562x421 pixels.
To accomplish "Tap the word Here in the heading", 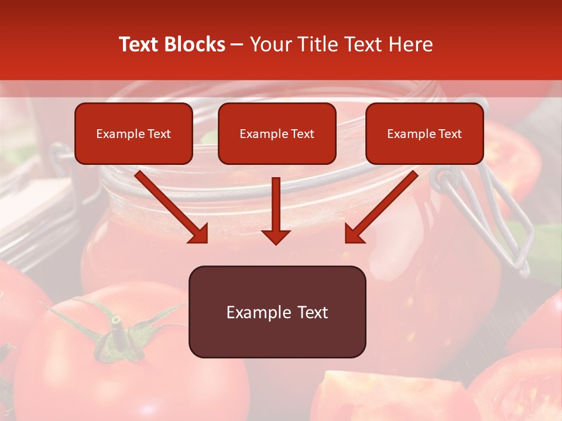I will coord(412,44).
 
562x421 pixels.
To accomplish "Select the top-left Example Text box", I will coord(133,133).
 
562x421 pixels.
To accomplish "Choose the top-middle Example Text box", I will coord(277,133).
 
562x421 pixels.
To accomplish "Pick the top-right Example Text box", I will coord(424,133).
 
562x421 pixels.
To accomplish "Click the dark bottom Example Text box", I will coord(277,312).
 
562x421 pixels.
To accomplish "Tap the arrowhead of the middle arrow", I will coord(276,236).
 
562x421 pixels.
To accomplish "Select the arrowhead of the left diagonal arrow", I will coord(200,233).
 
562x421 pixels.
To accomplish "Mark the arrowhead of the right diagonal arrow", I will coord(354,233).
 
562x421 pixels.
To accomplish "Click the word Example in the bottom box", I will coord(253,312).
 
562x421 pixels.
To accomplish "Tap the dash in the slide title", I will coord(237,45).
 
